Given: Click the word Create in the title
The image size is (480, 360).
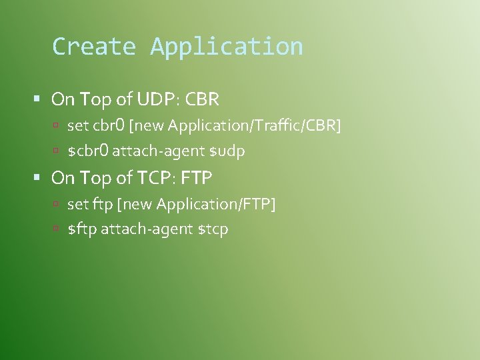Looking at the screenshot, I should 93,47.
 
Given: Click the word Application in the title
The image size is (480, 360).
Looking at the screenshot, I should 227,47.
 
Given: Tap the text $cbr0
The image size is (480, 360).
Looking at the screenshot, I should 88,151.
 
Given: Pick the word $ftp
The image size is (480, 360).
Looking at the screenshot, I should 82,229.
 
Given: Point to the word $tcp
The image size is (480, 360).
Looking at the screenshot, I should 213,229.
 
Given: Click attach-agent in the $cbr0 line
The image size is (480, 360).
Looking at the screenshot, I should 159,151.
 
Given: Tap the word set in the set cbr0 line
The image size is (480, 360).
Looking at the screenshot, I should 77,125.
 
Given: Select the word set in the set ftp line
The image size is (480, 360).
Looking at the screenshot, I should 77,203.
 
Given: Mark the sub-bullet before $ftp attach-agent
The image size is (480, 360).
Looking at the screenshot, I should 58,229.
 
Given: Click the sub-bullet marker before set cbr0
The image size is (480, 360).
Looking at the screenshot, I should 58,125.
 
